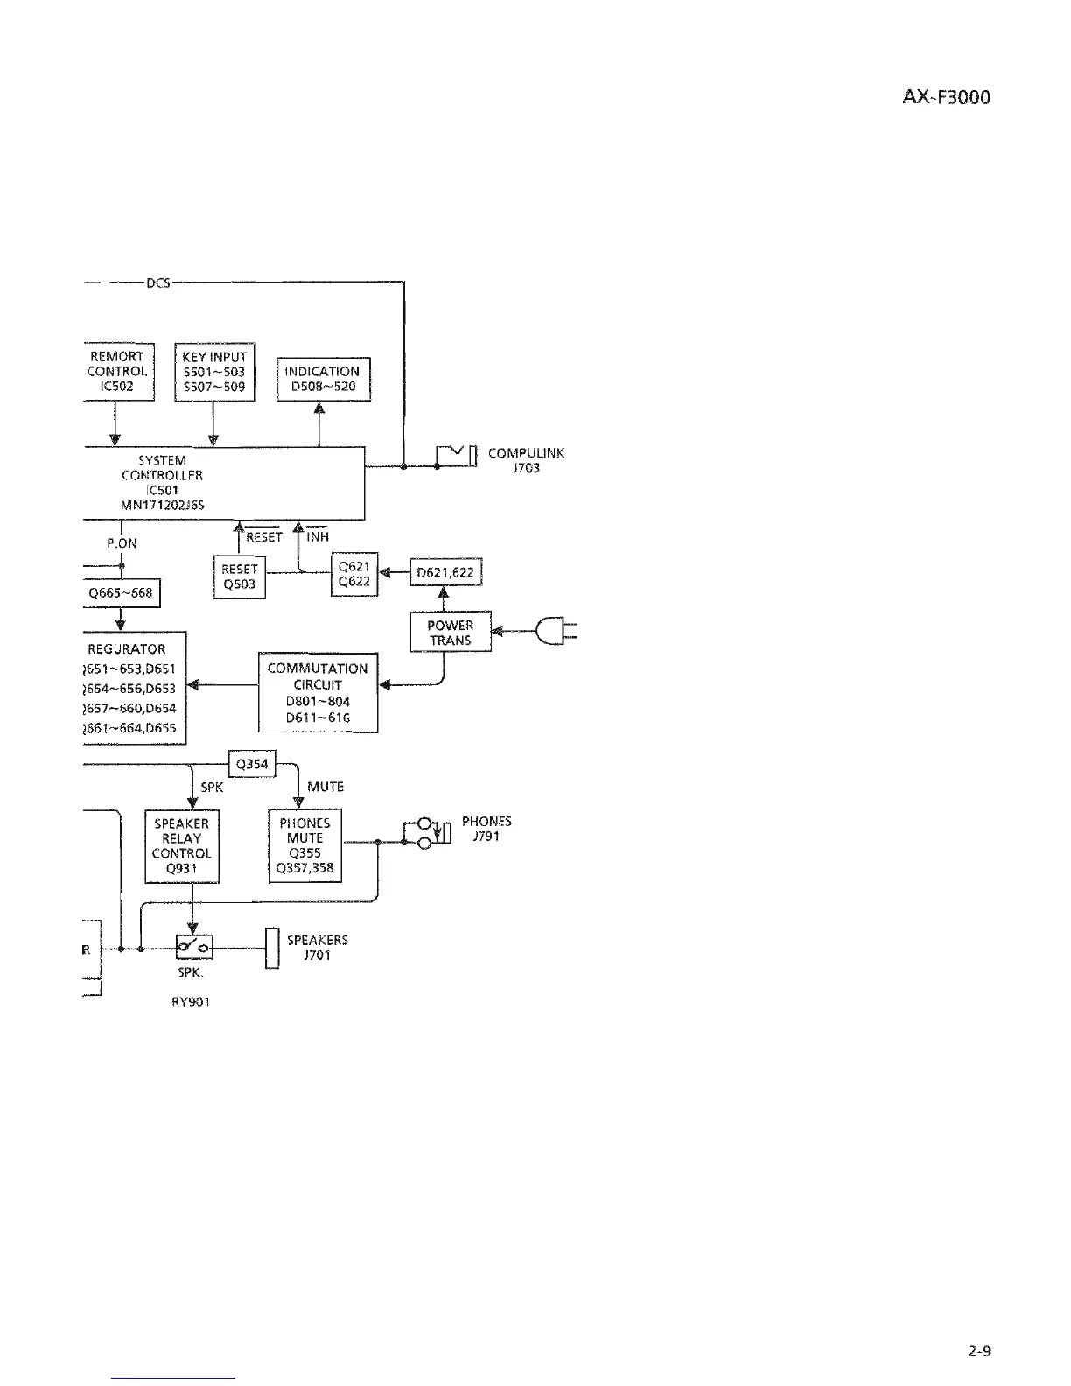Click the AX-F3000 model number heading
pos(946,97)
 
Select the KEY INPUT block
pos(214,372)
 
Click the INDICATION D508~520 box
pos(324,379)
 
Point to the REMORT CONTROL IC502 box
pos(118,372)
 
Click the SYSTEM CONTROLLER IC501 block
pos(223,483)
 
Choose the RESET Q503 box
pos(239,577)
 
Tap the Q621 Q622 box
pos(353,574)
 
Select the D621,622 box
pos(445,573)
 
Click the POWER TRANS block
pos(450,632)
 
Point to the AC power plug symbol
pos(556,631)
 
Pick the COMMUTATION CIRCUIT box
pos(318,692)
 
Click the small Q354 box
pos(251,764)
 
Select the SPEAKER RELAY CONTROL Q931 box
pos(181,845)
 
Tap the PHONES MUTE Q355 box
pos(304,845)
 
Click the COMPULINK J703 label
pos(526,460)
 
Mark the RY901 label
pos(191,1003)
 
